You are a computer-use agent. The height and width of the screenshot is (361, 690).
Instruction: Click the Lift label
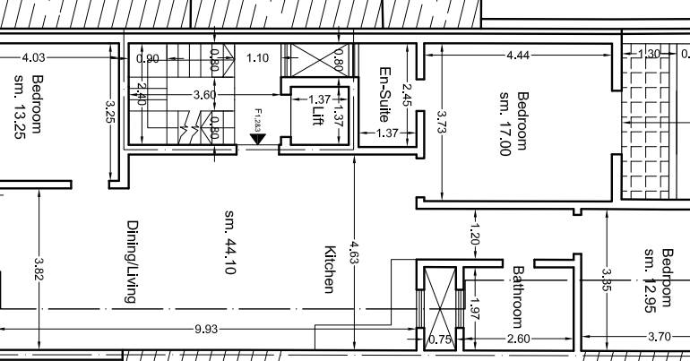tap(316, 120)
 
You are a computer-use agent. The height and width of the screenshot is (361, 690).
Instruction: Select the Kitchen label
tap(329, 270)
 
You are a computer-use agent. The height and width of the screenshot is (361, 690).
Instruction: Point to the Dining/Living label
tap(132, 262)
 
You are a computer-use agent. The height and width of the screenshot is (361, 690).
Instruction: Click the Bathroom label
tap(517, 296)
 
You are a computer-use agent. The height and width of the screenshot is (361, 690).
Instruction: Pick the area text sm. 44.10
tap(229, 242)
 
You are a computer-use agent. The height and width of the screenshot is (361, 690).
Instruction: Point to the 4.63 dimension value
tap(355, 251)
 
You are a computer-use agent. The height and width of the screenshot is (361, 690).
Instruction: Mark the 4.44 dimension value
tap(517, 56)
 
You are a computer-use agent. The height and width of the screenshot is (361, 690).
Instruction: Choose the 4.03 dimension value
tap(33, 57)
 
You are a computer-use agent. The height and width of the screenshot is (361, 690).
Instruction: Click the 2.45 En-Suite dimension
tap(407, 93)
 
